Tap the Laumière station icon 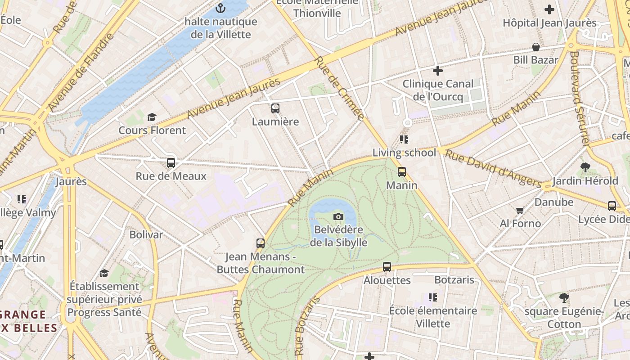pyautogui.click(x=275, y=108)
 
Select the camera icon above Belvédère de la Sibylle pyautogui.click(x=338, y=216)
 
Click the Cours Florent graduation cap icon pyautogui.click(x=152, y=117)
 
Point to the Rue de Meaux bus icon pyautogui.click(x=171, y=163)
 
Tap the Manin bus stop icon pyautogui.click(x=402, y=172)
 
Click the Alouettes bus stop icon pyautogui.click(x=387, y=267)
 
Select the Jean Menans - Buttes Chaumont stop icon pyautogui.click(x=261, y=243)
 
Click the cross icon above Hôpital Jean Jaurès pyautogui.click(x=549, y=9)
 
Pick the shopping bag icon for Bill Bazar pyautogui.click(x=536, y=47)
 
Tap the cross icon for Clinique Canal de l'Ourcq pyautogui.click(x=437, y=71)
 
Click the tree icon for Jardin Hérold pyautogui.click(x=585, y=167)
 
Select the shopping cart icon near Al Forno pyautogui.click(x=520, y=210)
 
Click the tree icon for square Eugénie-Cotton pyautogui.click(x=564, y=298)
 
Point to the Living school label pyautogui.click(x=404, y=153)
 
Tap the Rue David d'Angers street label pyautogui.click(x=493, y=168)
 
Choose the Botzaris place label pyautogui.click(x=454, y=280)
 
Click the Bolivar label pyautogui.click(x=146, y=234)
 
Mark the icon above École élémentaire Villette pyautogui.click(x=433, y=297)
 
